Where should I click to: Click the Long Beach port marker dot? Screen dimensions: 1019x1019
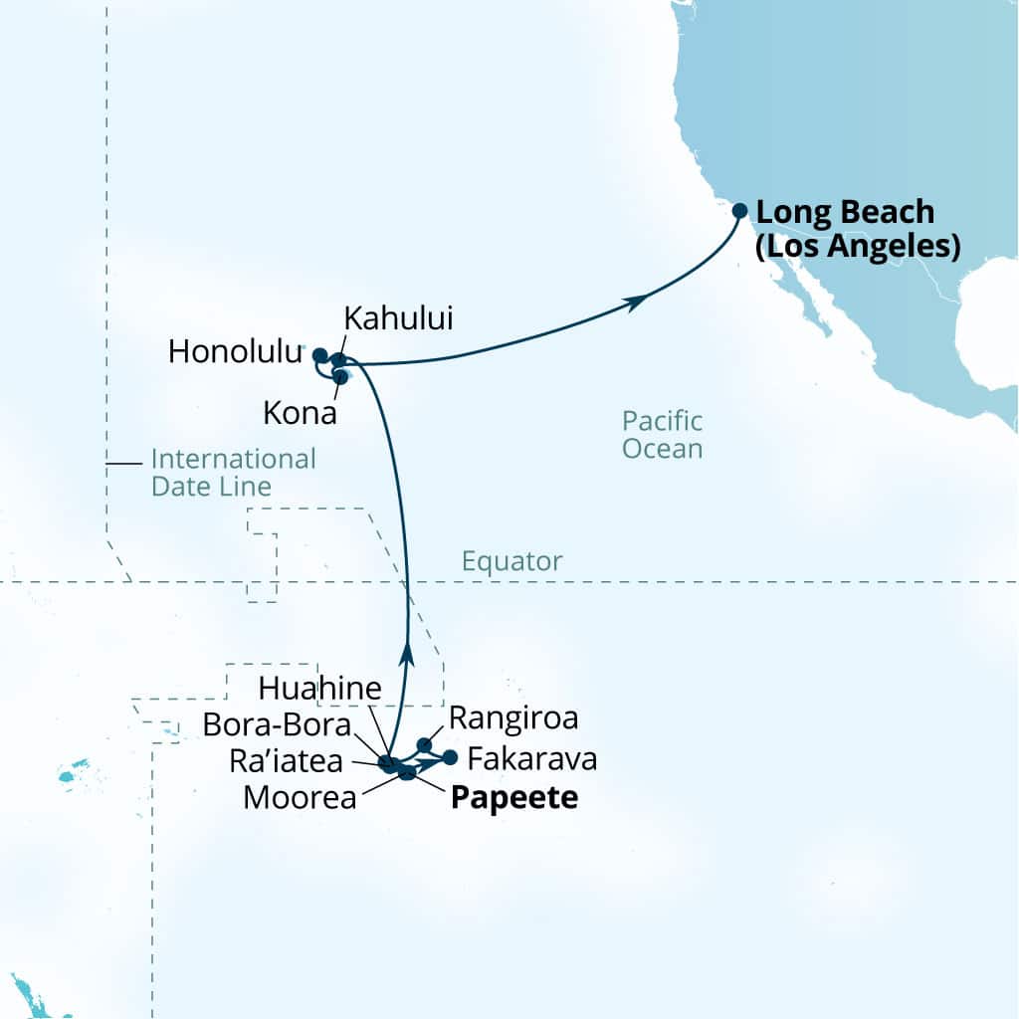pyautogui.click(x=739, y=211)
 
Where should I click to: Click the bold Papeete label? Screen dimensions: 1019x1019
pyautogui.click(x=514, y=798)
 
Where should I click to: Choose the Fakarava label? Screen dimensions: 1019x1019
pyautogui.click(x=532, y=760)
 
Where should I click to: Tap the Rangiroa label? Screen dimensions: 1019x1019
pyautogui.click(x=513, y=716)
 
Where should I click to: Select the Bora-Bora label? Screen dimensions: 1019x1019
pyautogui.click(x=277, y=724)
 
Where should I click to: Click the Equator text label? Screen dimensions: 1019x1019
pyautogui.click(x=511, y=561)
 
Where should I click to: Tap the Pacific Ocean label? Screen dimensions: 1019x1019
pyautogui.click(x=662, y=434)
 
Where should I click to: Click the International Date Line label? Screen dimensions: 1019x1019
pyautogui.click(x=233, y=473)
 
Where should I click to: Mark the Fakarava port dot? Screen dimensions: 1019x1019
pyautogui.click(x=450, y=757)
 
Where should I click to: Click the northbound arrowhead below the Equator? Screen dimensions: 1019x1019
pyautogui.click(x=406, y=654)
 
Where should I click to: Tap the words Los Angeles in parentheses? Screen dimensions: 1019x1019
pyautogui.click(x=858, y=245)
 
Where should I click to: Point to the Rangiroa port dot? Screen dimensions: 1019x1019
pyautogui.click(x=424, y=744)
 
